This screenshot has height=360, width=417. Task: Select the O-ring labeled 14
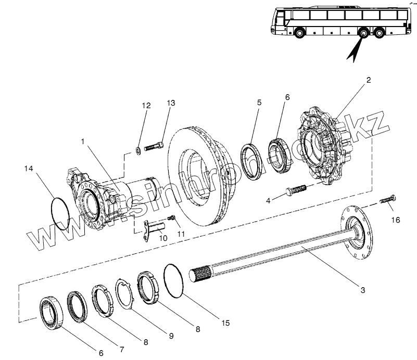[x=61, y=212]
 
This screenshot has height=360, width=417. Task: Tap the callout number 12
[x=146, y=106]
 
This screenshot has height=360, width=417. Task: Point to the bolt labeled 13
[x=153, y=148]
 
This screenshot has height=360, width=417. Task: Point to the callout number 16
[x=396, y=220]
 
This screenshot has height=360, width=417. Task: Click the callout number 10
[x=163, y=238]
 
